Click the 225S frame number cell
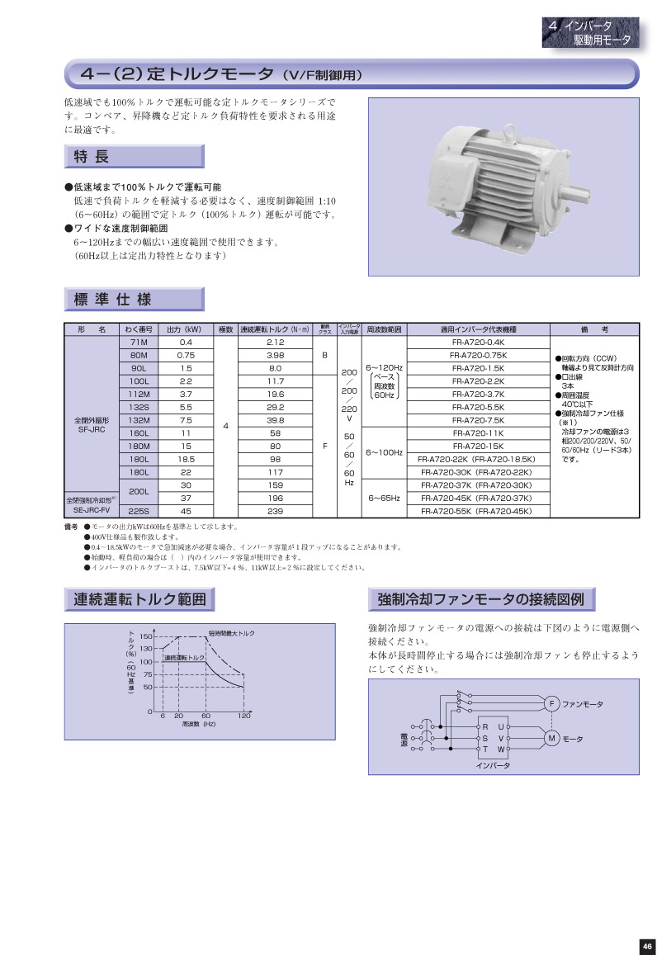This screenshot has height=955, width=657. pos(139,510)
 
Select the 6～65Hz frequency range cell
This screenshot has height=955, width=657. pos(384,498)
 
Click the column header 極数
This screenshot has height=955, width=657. pos(225,329)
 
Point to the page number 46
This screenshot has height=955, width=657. pos(646,946)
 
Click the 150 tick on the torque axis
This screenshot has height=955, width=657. pos(146,636)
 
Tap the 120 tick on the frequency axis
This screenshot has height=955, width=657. pos(244,716)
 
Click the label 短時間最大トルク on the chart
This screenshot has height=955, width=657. pos(232,632)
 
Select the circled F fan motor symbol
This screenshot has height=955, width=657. pos(551,703)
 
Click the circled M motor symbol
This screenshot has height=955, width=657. pos(551,737)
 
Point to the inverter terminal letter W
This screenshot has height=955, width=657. pos(500,748)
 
